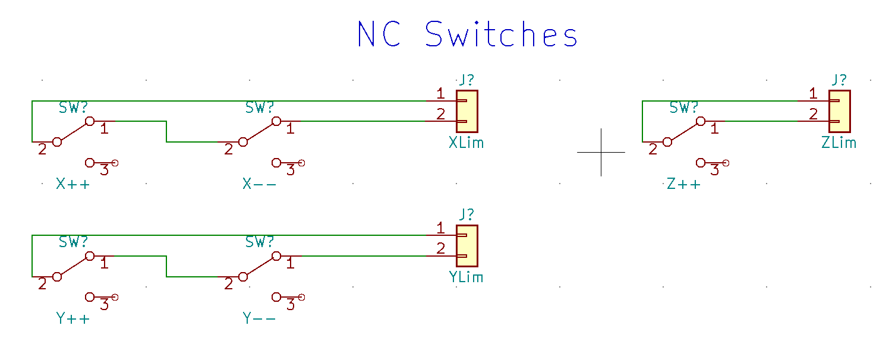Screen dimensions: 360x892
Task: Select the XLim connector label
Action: click(466, 143)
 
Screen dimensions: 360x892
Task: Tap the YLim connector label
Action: click(466, 277)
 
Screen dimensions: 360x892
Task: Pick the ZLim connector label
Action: click(839, 143)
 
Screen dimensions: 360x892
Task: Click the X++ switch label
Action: click(73, 184)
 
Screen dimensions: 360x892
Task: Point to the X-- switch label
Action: click(260, 184)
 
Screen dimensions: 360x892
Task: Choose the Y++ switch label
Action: click(73, 319)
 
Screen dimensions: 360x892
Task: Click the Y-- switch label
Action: click(260, 319)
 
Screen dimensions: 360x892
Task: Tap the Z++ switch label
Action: click(684, 184)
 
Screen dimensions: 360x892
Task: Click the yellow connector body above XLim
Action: click(467, 111)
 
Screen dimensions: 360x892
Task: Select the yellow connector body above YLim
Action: click(467, 245)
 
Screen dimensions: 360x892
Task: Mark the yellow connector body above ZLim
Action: click(840, 111)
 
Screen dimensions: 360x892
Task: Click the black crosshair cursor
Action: click(601, 152)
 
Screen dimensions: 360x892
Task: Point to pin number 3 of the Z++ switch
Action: click(715, 170)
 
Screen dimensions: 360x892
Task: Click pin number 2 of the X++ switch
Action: click(42, 150)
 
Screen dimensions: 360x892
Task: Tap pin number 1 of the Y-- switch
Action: click(291, 263)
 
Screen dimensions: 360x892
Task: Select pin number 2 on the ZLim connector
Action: click(814, 114)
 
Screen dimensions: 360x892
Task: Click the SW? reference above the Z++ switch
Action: click(684, 108)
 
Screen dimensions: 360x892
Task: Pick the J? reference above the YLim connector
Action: click(467, 214)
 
